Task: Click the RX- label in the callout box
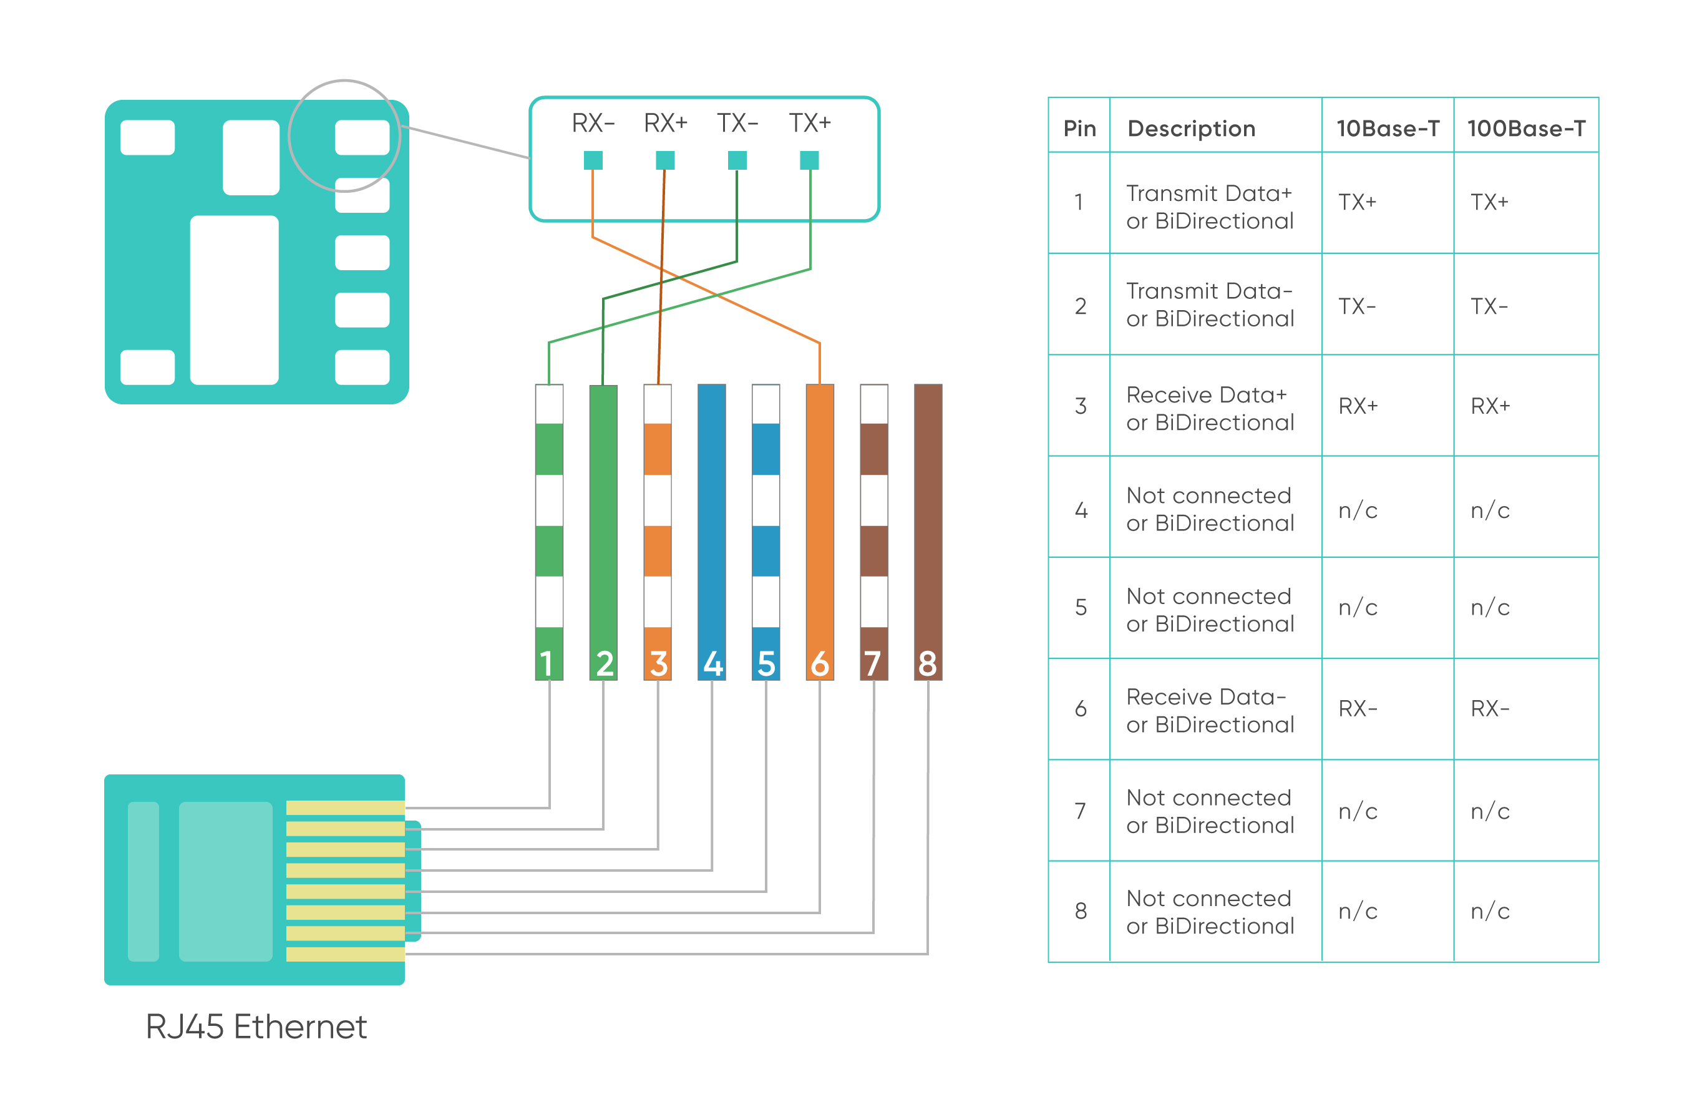(x=592, y=123)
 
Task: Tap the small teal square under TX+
(x=809, y=160)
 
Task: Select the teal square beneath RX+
(x=664, y=160)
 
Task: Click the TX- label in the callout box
(x=737, y=123)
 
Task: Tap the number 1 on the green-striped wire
(x=547, y=664)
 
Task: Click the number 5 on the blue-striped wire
(x=766, y=664)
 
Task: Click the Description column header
(x=1192, y=129)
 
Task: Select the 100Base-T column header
(x=1525, y=129)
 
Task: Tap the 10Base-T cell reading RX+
(x=1358, y=406)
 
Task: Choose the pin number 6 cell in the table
(x=1080, y=709)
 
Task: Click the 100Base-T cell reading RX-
(x=1489, y=709)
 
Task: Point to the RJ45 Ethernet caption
(x=256, y=1027)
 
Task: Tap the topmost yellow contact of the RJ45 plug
(x=345, y=807)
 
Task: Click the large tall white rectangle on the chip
(x=234, y=300)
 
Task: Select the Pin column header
(x=1079, y=129)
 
